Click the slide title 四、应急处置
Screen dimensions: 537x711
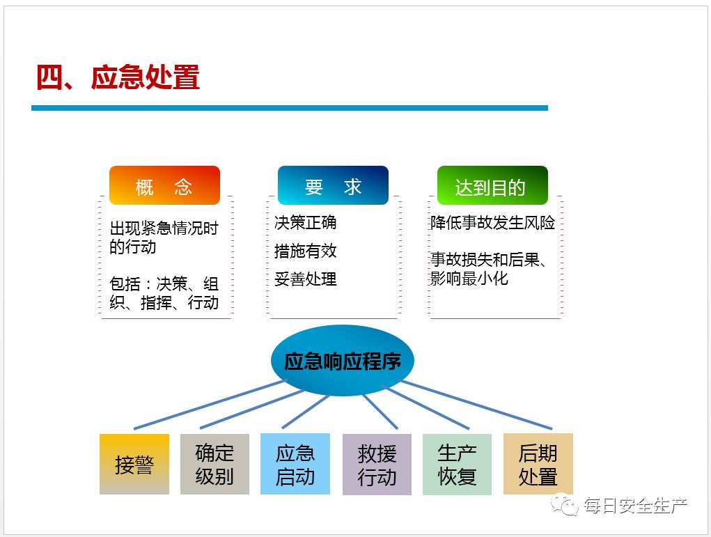click(118, 78)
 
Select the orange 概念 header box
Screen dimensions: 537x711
click(164, 185)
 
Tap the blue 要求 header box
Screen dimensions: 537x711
click(333, 185)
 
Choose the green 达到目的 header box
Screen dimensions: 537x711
click(492, 185)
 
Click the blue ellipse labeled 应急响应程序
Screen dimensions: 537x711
click(342, 361)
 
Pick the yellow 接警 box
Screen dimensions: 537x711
click(134, 464)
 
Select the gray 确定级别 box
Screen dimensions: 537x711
click(214, 464)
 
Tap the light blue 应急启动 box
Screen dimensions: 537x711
click(295, 464)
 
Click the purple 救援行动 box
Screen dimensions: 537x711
click(377, 465)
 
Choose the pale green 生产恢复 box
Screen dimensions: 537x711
click(457, 464)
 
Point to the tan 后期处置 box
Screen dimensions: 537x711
click(538, 464)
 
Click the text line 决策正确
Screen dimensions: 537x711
click(305, 223)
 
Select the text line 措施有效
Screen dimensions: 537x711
click(305, 251)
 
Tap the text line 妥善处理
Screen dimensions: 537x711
click(305, 279)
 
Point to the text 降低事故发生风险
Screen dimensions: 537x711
click(492, 223)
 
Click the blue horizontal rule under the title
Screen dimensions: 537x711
click(290, 108)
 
